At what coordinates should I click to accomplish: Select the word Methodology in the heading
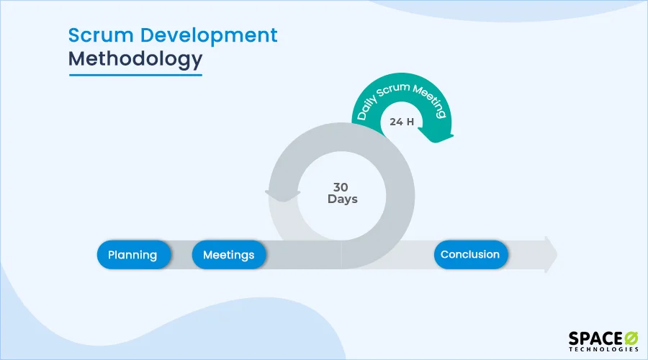(135, 59)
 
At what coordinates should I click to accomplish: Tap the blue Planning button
(132, 255)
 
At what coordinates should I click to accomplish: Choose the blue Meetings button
(228, 255)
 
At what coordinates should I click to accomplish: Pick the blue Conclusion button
(470, 255)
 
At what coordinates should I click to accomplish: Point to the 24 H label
(402, 122)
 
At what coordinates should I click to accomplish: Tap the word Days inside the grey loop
(343, 199)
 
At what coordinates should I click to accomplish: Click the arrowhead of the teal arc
(440, 134)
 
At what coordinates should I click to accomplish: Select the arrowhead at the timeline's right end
(551, 255)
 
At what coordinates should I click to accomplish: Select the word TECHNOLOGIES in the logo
(603, 349)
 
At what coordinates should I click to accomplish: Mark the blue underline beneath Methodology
(135, 74)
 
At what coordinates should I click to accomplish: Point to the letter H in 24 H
(410, 122)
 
